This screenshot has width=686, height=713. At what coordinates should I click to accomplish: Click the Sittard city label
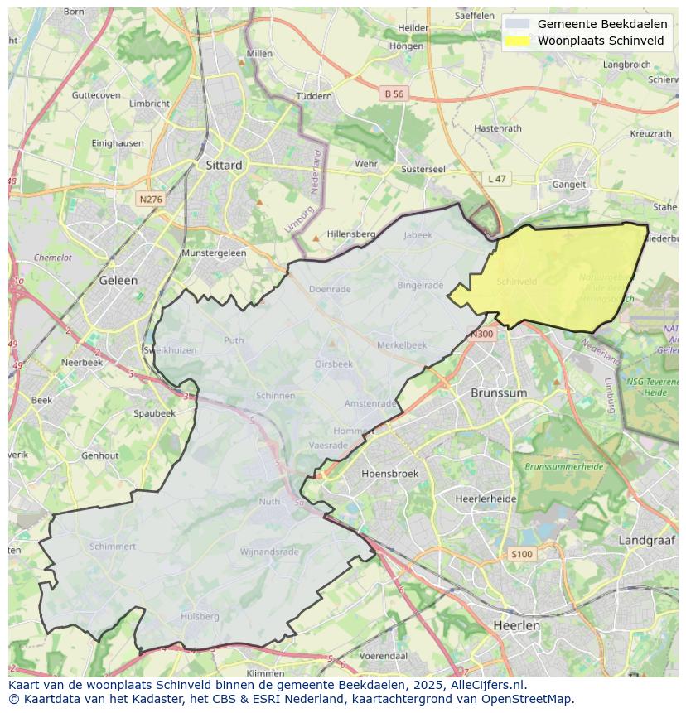click(x=224, y=165)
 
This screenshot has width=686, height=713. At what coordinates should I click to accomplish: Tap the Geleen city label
click(x=118, y=280)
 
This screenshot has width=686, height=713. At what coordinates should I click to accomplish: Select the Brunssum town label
click(x=498, y=393)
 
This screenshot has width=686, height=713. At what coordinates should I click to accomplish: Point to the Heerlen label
click(x=516, y=625)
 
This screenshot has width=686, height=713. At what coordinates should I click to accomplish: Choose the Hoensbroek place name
click(x=390, y=474)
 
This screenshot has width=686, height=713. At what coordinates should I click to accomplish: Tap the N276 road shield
click(x=151, y=200)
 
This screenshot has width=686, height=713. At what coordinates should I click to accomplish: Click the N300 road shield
click(x=481, y=335)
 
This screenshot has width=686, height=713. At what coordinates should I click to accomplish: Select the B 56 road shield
click(x=394, y=94)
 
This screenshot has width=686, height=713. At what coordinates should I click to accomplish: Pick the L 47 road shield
click(x=496, y=179)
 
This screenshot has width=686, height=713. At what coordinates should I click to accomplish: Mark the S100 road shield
click(x=522, y=554)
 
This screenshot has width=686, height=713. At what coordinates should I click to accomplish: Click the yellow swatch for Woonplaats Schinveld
click(x=517, y=41)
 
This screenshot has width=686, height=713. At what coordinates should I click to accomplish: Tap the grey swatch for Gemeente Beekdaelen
click(x=517, y=24)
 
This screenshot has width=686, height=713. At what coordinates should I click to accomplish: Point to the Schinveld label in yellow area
click(x=516, y=282)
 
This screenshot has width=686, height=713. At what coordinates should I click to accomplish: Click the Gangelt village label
click(x=569, y=185)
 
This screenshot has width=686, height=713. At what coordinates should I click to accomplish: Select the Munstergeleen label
click(x=214, y=253)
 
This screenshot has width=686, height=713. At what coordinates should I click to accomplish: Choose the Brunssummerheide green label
click(x=563, y=467)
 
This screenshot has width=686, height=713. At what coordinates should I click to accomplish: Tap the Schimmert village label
click(x=113, y=547)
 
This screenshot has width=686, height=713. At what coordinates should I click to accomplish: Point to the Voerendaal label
click(x=384, y=656)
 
